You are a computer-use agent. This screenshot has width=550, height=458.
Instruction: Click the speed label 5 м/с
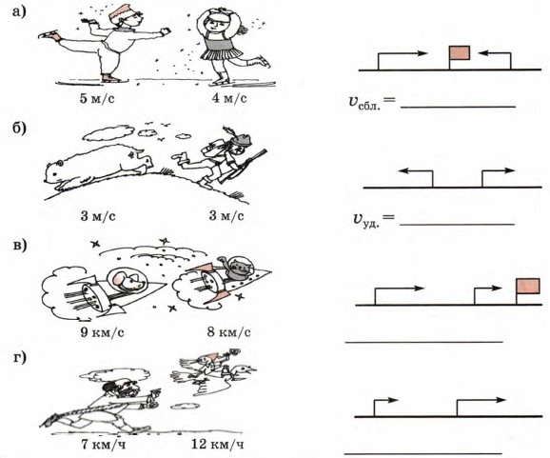(x=97, y=99)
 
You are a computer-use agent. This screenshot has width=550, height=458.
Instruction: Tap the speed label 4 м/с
(x=229, y=98)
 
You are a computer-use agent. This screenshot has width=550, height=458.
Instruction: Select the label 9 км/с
(x=102, y=332)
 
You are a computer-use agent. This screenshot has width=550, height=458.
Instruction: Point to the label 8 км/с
(x=228, y=331)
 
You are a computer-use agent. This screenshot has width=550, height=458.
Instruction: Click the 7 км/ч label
(x=103, y=445)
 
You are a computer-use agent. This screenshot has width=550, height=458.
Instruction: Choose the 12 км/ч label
(x=218, y=445)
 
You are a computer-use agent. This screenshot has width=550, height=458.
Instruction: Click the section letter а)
(x=19, y=12)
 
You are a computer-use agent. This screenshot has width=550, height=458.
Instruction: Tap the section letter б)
(x=19, y=129)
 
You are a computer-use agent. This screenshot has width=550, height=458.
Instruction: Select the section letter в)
(x=20, y=245)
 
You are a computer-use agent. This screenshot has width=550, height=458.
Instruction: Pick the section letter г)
(x=20, y=358)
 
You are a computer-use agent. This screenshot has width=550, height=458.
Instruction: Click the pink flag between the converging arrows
(x=460, y=52)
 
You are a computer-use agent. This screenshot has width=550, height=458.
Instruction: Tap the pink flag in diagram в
(x=527, y=286)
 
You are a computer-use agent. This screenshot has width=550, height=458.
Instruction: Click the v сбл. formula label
(x=372, y=103)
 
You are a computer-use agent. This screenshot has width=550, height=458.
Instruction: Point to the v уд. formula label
(x=373, y=220)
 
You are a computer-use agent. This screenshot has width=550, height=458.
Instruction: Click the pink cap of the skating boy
(x=120, y=12)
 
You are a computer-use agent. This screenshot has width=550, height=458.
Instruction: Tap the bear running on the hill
(x=99, y=165)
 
